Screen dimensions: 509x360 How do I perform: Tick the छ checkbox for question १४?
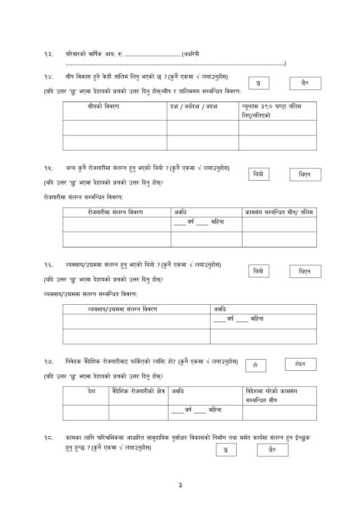click(258, 83)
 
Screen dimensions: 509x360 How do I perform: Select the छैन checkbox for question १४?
click(305, 83)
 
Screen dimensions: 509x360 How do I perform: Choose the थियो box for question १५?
click(258, 175)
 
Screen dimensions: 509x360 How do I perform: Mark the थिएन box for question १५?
click(305, 176)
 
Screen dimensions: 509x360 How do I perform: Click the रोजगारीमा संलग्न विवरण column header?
click(115, 212)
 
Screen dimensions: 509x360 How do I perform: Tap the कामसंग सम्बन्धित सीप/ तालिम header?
click(279, 212)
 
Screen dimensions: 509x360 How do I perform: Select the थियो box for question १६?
click(258, 271)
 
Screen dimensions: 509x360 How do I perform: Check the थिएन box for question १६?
click(305, 272)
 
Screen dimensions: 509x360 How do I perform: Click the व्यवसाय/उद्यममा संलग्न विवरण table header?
click(123, 309)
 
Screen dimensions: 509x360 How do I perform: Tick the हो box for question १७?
click(255, 365)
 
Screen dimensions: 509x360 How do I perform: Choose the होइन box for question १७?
click(301, 364)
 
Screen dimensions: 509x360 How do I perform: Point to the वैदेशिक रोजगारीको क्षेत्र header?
click(138, 390)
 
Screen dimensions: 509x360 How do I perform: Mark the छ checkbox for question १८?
click(226, 450)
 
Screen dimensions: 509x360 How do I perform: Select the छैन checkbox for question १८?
click(272, 449)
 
